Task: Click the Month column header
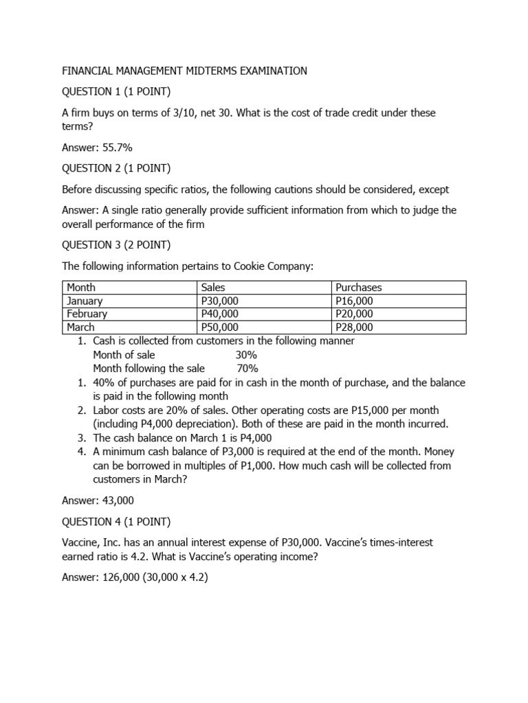(x=81, y=288)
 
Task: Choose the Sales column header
(x=213, y=288)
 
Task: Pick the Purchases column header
(x=358, y=288)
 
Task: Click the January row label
(x=85, y=301)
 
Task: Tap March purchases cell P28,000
(x=355, y=327)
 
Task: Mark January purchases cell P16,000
(x=355, y=301)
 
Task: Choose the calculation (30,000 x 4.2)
(x=174, y=577)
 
